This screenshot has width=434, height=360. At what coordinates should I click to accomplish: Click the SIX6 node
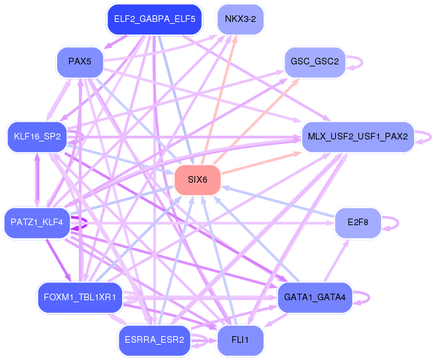[x=197, y=180]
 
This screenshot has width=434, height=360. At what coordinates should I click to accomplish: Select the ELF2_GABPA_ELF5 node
[x=154, y=19]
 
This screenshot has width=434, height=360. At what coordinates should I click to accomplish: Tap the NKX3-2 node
[x=241, y=19]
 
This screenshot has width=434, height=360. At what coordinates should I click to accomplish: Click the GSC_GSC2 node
[x=315, y=62]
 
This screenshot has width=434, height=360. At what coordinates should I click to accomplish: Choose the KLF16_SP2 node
[x=36, y=137]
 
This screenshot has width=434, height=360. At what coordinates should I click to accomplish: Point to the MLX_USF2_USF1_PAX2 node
[x=358, y=137]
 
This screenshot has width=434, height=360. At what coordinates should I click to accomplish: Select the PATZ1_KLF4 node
[x=36, y=223]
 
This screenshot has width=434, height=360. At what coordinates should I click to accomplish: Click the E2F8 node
[x=358, y=223]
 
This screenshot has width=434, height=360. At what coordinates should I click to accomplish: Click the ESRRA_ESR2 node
[x=154, y=340]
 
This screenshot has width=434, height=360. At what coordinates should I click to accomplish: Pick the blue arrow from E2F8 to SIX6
[x=279, y=202]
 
